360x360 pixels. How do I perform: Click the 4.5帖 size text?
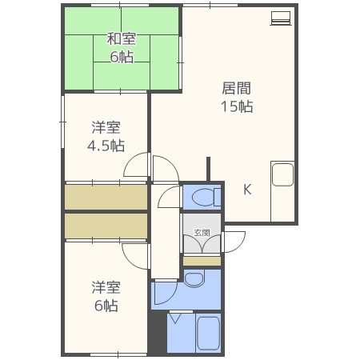pos(106,146)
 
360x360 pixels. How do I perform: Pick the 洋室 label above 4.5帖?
pos(105,126)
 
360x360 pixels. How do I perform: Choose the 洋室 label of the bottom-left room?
pos(105,286)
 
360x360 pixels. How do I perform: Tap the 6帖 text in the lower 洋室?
pos(105,306)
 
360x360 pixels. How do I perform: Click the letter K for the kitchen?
pos(247,190)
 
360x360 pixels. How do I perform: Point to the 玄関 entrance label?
pos(202,233)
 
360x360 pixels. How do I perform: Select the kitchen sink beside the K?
pos(283,174)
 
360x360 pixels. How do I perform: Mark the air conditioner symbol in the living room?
pos(279,18)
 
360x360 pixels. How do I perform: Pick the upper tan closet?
pos(106,197)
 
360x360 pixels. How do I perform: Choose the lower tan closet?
pos(106,226)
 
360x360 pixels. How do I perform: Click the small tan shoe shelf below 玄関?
pos(202,261)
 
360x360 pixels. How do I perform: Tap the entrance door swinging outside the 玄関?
pos(234,241)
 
